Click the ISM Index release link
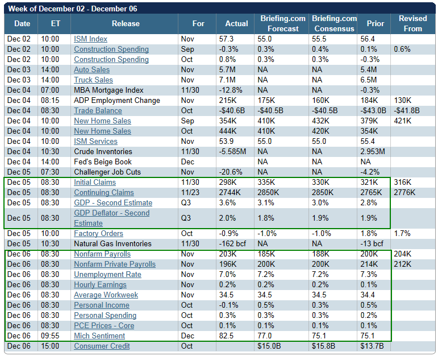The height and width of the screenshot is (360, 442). coord(90,39)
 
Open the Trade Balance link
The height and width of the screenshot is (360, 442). coord(98,111)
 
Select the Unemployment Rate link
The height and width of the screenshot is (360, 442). coord(107,275)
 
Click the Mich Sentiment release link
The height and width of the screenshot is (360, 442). coord(99,336)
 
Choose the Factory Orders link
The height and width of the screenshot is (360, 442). coord(99,234)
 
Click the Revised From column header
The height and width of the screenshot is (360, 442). coord(413,24)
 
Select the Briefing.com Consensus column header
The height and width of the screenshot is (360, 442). coord(334,24)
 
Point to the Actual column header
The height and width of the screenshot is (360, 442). coord(236,24)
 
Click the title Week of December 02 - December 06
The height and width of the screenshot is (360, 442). coord(72,9)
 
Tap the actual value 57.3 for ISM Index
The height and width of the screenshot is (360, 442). coord(227,39)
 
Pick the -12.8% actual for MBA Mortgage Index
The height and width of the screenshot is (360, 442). coord(231,90)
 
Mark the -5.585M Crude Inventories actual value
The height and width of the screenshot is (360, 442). coord(234,152)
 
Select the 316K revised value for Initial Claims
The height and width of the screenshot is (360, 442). coord(403,183)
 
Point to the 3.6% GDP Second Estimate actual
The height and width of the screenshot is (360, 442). coord(228,203)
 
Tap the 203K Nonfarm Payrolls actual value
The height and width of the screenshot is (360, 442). coord(228,254)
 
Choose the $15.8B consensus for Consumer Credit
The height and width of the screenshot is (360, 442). coord(324,346)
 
